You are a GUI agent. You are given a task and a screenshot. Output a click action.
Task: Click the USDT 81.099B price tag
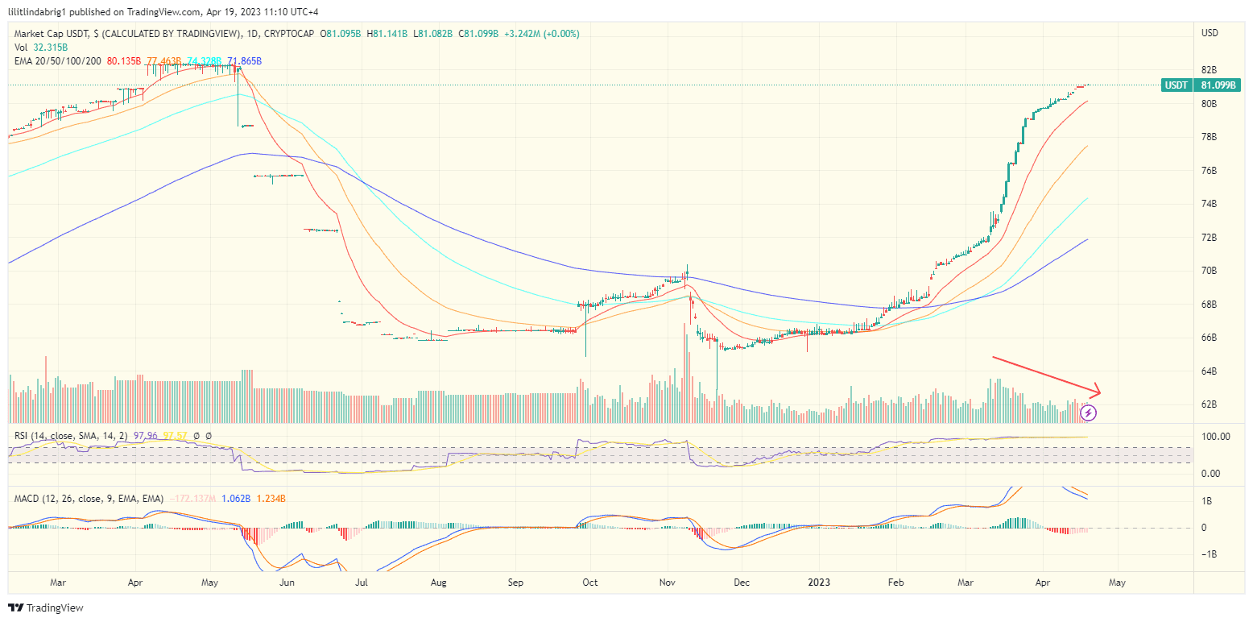(x=1201, y=85)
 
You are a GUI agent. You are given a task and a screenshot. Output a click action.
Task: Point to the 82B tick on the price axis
(x=1208, y=70)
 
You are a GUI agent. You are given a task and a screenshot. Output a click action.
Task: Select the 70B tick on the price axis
(x=1208, y=271)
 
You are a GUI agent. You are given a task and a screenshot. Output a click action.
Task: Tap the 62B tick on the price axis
(x=1208, y=404)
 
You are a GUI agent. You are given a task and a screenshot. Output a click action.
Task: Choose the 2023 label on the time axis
(x=820, y=581)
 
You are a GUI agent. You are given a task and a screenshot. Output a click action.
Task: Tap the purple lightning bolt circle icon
(x=1089, y=413)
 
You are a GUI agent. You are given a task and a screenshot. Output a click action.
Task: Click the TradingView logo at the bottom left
(x=46, y=607)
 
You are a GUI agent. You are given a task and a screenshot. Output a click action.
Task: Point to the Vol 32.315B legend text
(x=41, y=48)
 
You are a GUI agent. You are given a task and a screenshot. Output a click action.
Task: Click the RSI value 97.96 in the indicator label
(x=144, y=436)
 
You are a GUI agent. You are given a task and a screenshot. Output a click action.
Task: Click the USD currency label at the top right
(x=1209, y=33)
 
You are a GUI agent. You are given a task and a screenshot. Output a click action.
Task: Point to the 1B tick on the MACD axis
(x=1208, y=500)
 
